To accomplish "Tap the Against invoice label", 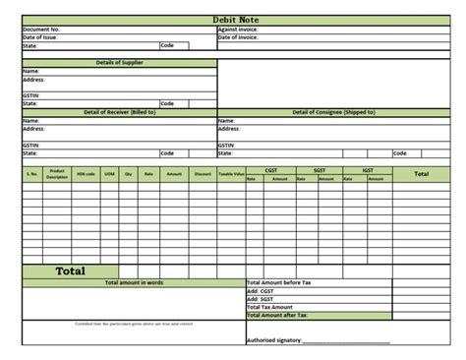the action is point(238,29).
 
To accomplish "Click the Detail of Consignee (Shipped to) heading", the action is point(333,112).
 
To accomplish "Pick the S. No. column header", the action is point(31,174).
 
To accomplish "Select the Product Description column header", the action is point(56,174).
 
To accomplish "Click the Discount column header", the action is point(203,174).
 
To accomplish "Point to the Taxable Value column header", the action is point(231,174).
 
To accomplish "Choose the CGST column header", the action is point(270,169).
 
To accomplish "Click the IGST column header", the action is point(368,169).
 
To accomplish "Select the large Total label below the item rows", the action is point(70,270).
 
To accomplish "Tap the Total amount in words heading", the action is point(134,282).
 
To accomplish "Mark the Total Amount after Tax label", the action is point(278,315).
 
